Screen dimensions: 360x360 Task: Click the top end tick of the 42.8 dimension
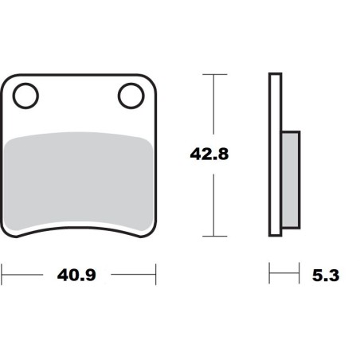point(211,74)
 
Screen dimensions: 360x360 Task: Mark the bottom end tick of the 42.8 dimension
point(211,237)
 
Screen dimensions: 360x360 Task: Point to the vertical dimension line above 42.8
point(211,104)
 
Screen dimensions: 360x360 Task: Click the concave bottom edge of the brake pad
point(77,226)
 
